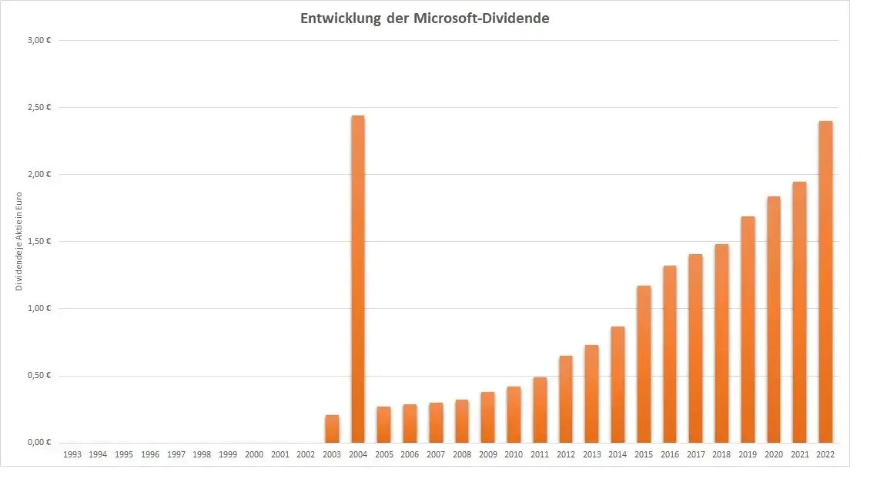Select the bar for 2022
click(x=825, y=282)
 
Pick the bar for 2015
click(x=644, y=363)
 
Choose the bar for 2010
click(x=514, y=414)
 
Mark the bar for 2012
click(x=566, y=399)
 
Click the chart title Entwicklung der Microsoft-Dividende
click(x=424, y=18)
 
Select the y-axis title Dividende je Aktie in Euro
click(x=19, y=240)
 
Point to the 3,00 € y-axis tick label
click(x=38, y=40)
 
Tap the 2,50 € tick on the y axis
click(x=38, y=107)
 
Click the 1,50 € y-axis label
click(x=38, y=241)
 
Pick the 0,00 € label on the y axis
click(x=38, y=443)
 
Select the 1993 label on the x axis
click(x=72, y=455)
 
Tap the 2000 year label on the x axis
click(x=254, y=455)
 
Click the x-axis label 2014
click(x=618, y=455)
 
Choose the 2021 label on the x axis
click(x=799, y=455)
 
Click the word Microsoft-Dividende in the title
click(x=481, y=18)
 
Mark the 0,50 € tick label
click(x=38, y=376)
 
